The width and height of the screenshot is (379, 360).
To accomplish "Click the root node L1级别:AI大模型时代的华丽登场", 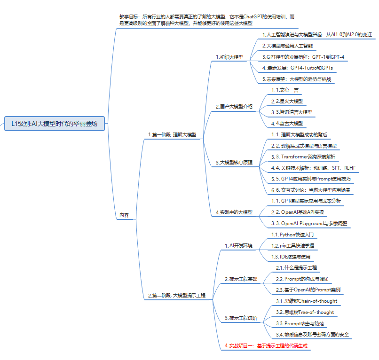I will point(55,124).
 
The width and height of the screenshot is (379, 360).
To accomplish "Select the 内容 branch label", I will point(124,215).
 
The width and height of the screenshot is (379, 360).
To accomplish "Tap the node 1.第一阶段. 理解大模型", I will point(172,135).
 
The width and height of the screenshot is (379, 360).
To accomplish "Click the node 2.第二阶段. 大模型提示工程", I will point(176,296).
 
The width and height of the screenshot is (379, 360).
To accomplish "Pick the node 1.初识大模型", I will point(229,57).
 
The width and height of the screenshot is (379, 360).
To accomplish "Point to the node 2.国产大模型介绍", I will point(234,107).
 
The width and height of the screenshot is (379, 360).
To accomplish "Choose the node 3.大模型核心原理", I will point(234,163).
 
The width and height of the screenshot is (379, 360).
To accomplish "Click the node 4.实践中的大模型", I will point(234,212).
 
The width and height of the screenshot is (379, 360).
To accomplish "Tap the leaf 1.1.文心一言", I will point(285,90).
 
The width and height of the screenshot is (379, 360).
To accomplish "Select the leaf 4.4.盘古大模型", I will point(287,123).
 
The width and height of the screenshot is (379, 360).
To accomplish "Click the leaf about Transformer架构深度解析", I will point(303,156).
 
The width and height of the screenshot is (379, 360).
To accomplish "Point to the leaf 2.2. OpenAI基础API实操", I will point(298,212).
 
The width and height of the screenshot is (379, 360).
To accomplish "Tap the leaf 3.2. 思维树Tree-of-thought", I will point(305,312).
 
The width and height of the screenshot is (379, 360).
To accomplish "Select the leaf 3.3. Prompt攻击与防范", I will point(300,323).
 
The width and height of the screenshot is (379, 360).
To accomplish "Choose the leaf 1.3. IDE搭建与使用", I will point(291,257).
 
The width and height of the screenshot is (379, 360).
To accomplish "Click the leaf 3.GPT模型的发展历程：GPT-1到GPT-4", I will point(303,57).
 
